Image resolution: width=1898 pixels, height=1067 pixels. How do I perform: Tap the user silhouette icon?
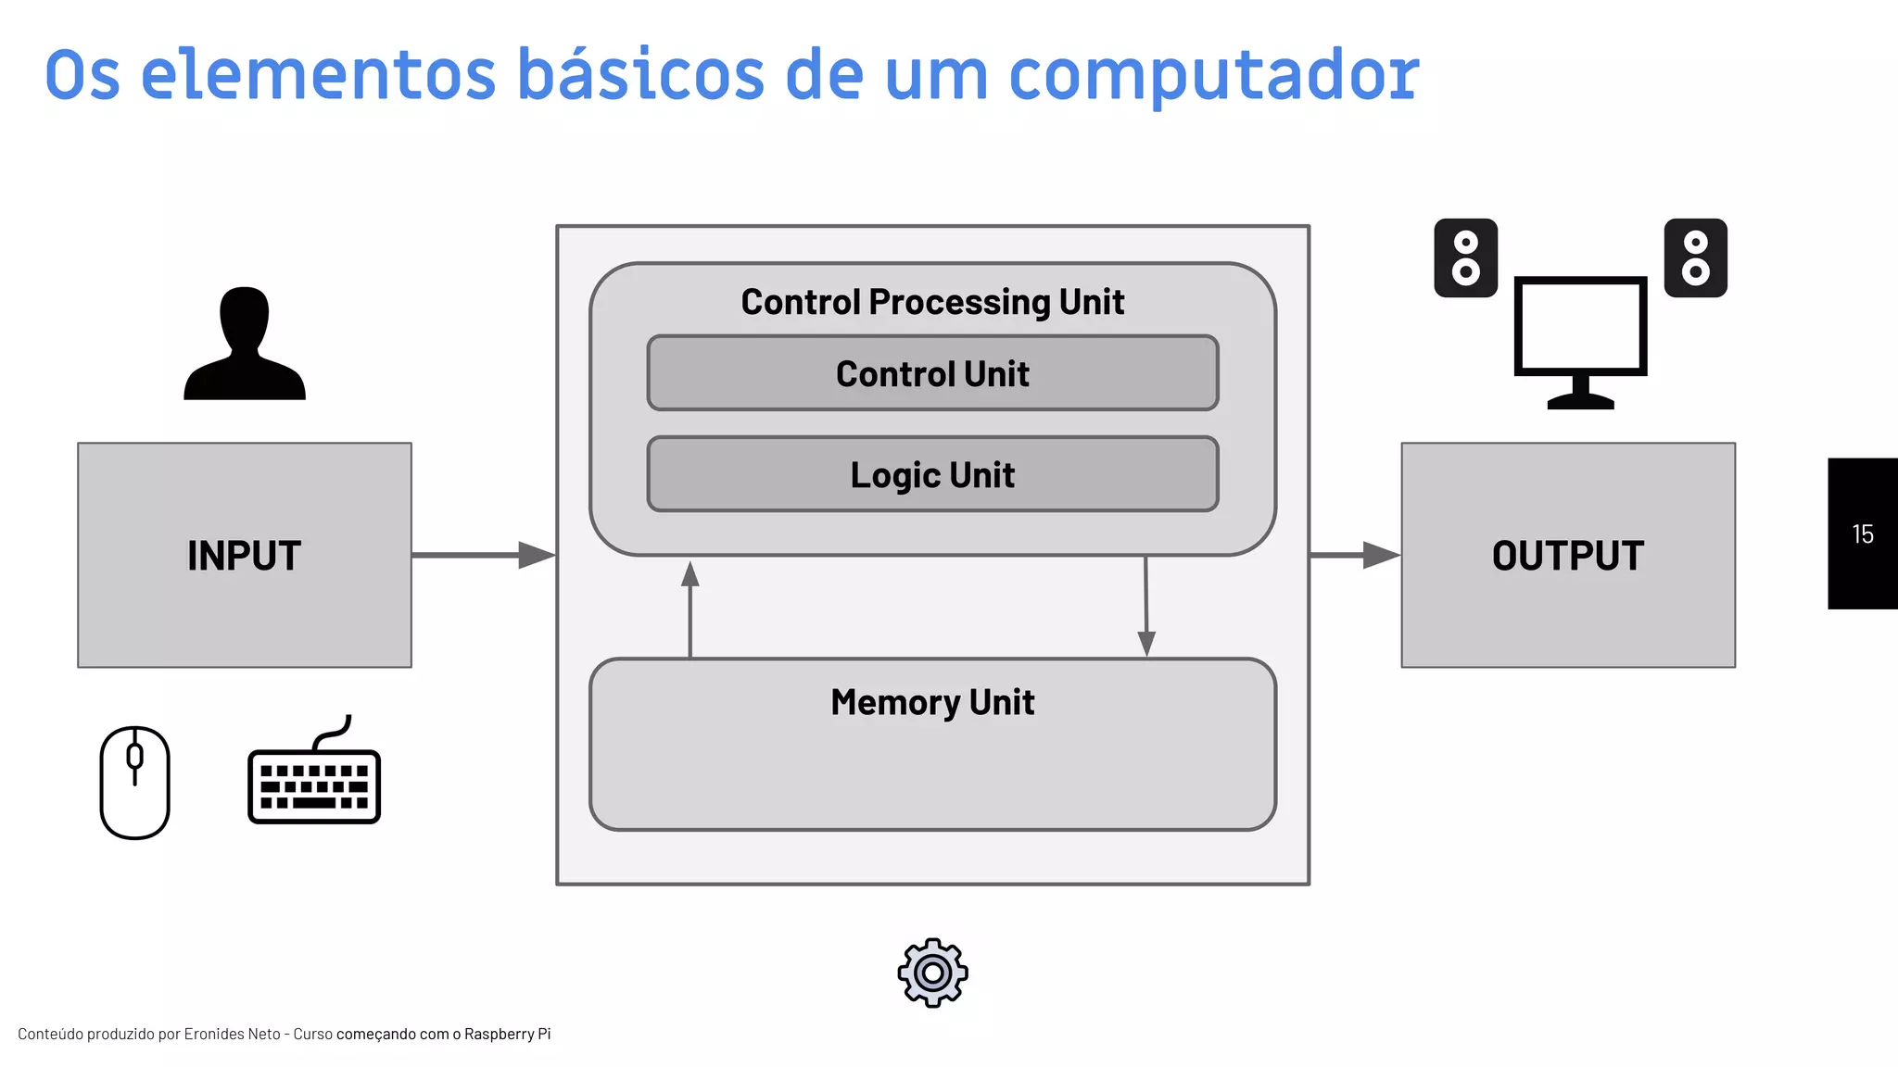coord(245,345)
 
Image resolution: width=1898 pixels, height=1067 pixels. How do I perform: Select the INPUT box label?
coord(244,556)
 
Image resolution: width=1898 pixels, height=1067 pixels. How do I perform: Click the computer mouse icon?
coord(135,783)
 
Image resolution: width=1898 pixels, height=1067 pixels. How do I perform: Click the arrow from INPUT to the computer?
coord(483,555)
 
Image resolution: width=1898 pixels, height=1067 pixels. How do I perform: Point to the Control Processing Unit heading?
coord(932,302)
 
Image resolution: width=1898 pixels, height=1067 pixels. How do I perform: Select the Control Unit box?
coord(932,373)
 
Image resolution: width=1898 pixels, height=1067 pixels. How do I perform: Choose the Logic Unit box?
coord(932,474)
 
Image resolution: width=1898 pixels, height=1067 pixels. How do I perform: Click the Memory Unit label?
coord(932,702)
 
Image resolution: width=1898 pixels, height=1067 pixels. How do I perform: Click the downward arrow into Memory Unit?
coord(1146,607)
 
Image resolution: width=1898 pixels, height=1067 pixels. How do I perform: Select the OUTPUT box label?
coord(1568,556)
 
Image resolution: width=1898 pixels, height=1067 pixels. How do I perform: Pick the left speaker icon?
coord(1465,258)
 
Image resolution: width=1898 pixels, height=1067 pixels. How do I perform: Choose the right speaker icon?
coord(1695,258)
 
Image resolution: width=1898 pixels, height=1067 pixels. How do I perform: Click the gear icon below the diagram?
coord(932,973)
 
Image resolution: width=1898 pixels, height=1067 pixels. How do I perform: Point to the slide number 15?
coord(1863,534)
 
